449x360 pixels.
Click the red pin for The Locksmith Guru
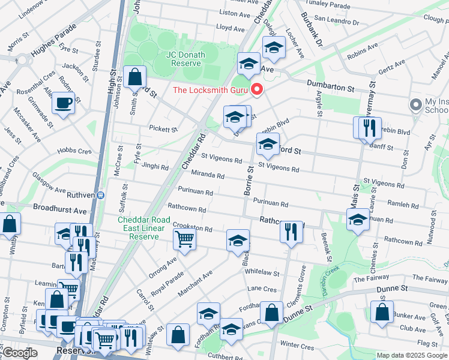258,89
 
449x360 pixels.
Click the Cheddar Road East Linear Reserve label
138,228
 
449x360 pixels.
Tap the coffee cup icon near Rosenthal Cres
64,103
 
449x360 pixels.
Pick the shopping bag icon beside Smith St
135,77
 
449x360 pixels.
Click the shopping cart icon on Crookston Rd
184,239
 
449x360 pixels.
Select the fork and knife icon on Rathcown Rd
291,232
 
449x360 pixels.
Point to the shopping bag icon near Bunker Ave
382,312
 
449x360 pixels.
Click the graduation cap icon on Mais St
358,219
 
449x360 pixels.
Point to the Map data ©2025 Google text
412,355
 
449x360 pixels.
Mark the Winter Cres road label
297,346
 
